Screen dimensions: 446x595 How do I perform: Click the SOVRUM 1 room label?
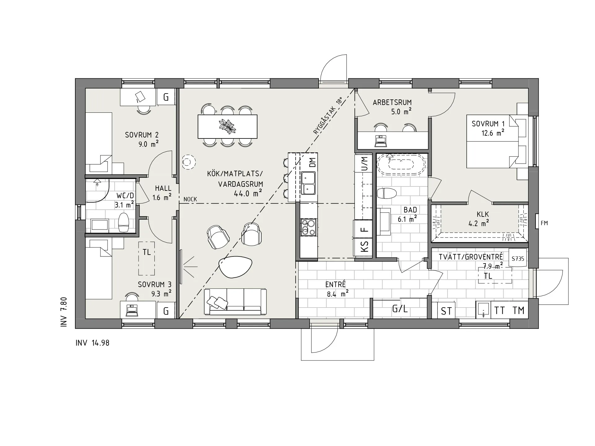pos(485,124)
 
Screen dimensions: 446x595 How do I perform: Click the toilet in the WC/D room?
pos(124,222)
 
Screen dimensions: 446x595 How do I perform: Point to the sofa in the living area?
pos(235,302)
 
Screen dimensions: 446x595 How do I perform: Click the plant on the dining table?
pos(227,126)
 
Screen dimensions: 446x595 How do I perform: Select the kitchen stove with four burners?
pos(308,227)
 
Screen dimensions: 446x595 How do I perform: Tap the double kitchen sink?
pos(308,183)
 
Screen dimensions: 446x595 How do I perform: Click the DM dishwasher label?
pos(312,163)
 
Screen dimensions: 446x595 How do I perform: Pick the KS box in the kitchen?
pos(365,247)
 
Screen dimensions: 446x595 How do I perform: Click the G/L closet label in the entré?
pos(400,309)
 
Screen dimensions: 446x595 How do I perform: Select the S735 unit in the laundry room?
pos(518,258)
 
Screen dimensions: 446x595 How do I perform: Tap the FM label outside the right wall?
pos(544,223)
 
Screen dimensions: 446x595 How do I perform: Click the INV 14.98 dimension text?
pos(92,343)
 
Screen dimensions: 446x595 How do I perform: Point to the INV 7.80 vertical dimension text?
pos(64,312)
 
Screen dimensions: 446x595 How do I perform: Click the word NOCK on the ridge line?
pos(190,199)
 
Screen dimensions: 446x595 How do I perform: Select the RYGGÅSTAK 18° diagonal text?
pos(328,116)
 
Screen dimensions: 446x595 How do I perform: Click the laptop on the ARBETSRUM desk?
pos(381,141)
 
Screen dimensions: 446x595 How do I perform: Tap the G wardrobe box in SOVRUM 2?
pos(166,97)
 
